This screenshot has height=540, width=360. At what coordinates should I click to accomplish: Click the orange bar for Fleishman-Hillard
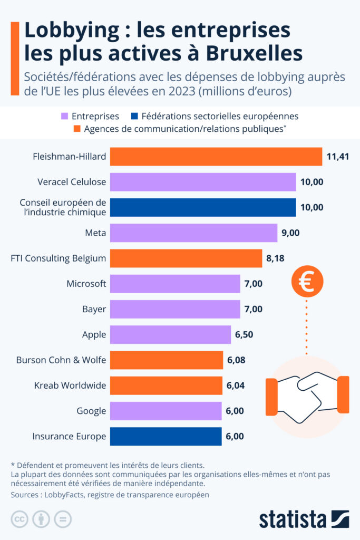216,157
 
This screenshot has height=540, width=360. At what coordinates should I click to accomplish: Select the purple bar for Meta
193,233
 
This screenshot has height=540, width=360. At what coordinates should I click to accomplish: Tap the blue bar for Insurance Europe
166,436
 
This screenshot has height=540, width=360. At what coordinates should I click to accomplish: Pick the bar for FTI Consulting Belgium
186,258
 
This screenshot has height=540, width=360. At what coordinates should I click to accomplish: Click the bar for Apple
170,334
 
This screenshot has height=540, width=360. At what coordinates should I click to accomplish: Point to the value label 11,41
338,157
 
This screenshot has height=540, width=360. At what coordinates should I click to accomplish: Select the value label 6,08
236,360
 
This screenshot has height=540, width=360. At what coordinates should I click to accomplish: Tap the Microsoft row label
86,284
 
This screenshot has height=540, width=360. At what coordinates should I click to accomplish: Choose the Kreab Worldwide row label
69,385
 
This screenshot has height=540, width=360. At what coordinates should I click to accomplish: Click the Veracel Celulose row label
72,182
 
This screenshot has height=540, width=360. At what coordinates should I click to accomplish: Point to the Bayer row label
94,309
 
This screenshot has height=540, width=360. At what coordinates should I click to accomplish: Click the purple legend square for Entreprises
63,116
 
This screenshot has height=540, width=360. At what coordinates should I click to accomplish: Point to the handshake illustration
307,394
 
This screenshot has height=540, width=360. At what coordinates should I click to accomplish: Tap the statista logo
304,518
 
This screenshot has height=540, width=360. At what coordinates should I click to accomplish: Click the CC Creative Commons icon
20,519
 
